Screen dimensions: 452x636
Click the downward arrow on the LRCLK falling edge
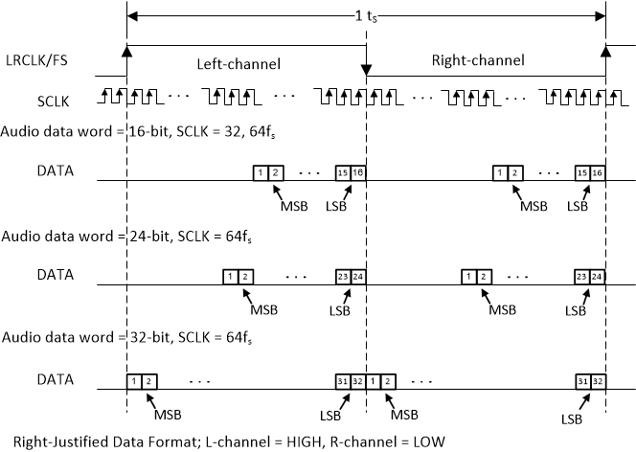(x=366, y=71)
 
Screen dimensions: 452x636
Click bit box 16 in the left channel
(x=358, y=172)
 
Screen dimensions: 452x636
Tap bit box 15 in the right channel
(x=581, y=172)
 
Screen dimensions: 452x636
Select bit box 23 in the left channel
(x=342, y=276)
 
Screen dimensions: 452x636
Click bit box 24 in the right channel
(x=598, y=276)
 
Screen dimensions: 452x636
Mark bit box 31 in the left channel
(x=342, y=380)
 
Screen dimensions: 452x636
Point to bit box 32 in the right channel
(x=598, y=380)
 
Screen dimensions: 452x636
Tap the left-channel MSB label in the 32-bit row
(x=168, y=415)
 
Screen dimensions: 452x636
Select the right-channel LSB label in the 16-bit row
(x=576, y=206)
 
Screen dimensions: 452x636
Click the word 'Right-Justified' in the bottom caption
(x=49, y=441)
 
